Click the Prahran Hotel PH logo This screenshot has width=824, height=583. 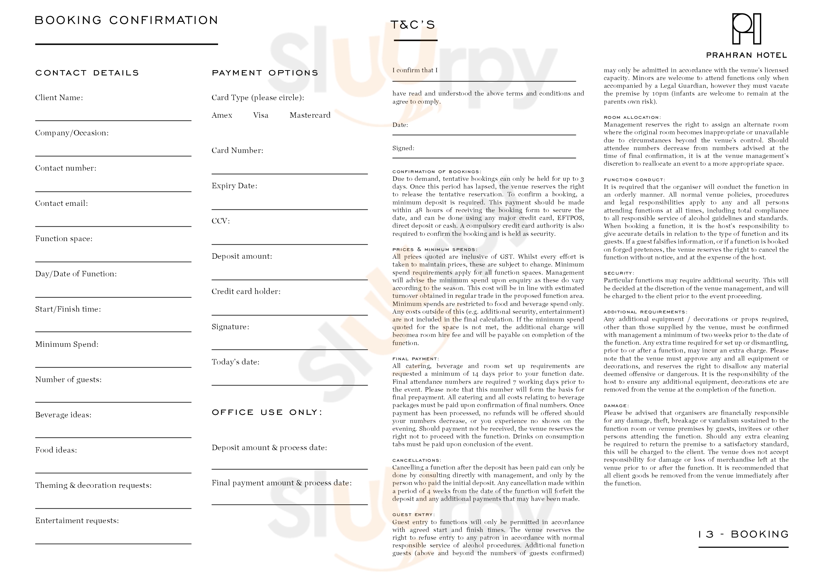(746, 29)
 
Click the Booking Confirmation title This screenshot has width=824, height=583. (126, 20)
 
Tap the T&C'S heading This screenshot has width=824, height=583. (413, 25)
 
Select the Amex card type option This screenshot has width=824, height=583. (222, 115)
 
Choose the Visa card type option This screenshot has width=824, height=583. (261, 115)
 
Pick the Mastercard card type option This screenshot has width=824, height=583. (310, 115)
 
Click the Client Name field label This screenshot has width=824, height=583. (59, 98)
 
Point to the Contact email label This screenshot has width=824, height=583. (61, 203)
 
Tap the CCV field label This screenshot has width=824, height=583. (220, 221)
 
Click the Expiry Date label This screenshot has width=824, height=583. (234, 186)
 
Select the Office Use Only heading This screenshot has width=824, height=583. (267, 412)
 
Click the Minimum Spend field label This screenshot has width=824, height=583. (67, 344)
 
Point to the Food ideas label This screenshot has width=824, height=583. (56, 450)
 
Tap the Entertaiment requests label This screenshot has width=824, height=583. (77, 521)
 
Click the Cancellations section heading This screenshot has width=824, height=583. (416, 460)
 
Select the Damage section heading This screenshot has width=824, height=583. (616, 406)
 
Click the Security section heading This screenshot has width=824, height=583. (619, 273)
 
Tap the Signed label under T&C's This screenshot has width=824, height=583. (403, 148)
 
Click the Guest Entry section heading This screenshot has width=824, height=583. (414, 515)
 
